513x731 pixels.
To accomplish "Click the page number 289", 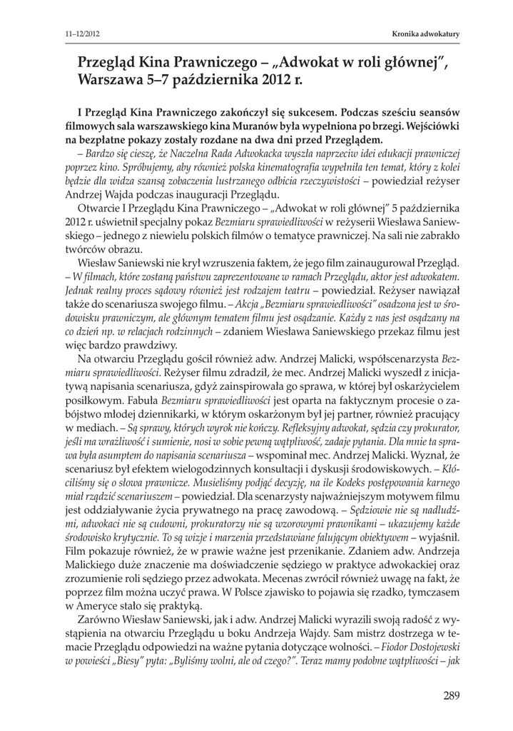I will click(451, 696).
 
